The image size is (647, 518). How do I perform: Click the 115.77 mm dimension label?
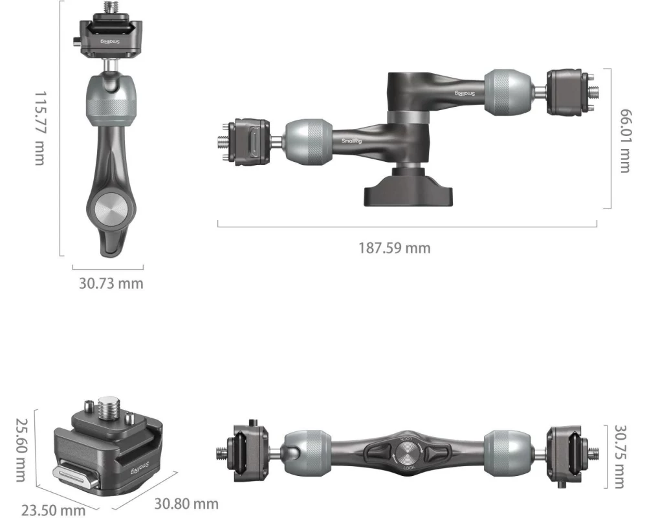40,128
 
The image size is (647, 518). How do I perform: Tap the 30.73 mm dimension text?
111,284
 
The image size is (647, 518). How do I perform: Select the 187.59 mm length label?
395,248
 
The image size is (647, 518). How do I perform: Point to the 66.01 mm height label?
625,141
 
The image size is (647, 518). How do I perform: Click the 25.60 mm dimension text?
21,450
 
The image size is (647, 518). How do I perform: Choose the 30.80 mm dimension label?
186,504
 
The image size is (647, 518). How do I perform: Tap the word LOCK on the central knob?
408,467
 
